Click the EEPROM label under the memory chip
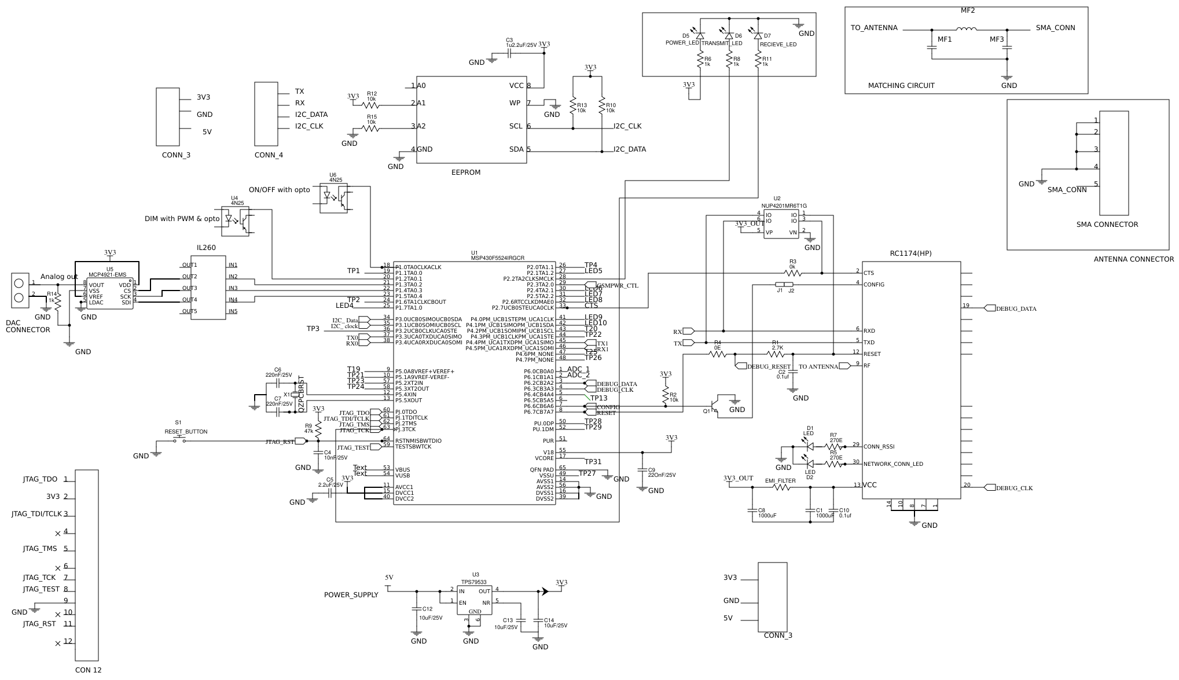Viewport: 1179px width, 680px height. [x=465, y=172]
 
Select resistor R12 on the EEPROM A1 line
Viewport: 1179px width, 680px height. [x=370, y=105]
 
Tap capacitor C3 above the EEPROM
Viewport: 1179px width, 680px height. [x=509, y=53]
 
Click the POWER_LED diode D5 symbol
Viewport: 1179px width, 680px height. [x=700, y=36]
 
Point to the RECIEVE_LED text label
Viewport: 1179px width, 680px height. [x=777, y=45]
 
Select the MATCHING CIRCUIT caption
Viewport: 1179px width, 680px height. [x=901, y=86]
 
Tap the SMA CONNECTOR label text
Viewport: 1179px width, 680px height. [x=1107, y=225]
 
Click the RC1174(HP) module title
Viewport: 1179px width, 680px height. [x=910, y=253]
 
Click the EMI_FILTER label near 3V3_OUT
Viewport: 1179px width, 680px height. [x=780, y=481]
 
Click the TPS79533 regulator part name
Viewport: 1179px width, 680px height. [x=473, y=582]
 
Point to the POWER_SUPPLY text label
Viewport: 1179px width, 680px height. [x=351, y=595]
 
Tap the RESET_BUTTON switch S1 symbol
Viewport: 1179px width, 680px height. [x=180, y=440]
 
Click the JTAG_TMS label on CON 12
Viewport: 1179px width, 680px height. [x=40, y=549]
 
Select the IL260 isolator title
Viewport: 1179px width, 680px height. [x=206, y=248]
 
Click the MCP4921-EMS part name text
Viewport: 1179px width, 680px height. [x=107, y=275]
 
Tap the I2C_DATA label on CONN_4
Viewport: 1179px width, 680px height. [x=311, y=115]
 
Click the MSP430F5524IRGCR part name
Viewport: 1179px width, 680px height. [x=497, y=258]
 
